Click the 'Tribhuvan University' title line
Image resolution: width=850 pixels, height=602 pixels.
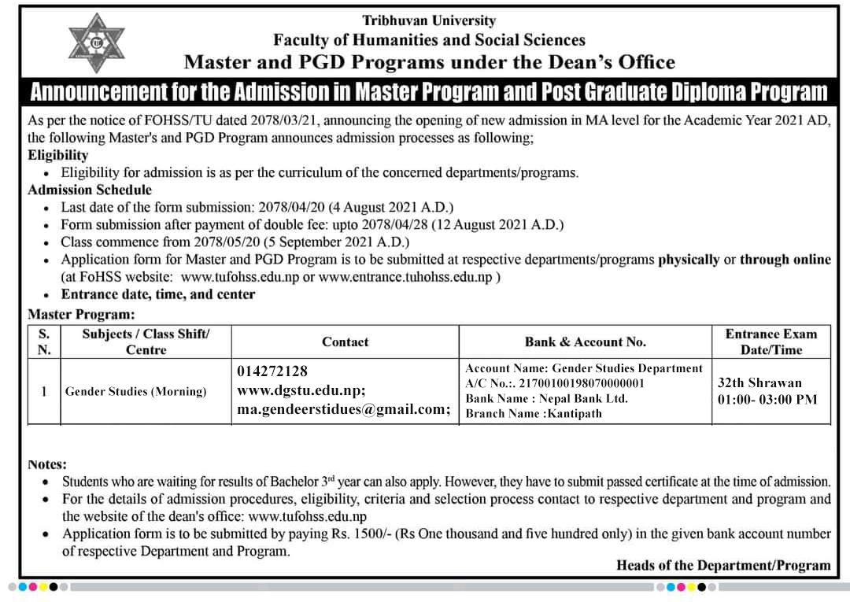coord(429,20)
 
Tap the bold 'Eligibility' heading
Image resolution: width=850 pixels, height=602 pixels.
coord(58,155)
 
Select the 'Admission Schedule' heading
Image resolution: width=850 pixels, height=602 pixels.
coord(90,190)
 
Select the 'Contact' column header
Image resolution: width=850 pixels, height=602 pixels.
coord(345,342)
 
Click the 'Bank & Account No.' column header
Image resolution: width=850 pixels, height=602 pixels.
coord(586,342)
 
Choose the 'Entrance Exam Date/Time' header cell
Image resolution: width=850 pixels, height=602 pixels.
coord(771,342)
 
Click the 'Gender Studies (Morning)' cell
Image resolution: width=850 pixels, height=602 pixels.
coord(135,391)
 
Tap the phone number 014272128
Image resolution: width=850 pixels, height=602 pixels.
coord(272,371)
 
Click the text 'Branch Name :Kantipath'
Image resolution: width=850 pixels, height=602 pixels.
coord(534,414)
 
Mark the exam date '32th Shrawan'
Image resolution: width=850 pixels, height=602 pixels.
coord(760,383)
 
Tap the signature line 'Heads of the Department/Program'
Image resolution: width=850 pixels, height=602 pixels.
coord(723,565)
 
